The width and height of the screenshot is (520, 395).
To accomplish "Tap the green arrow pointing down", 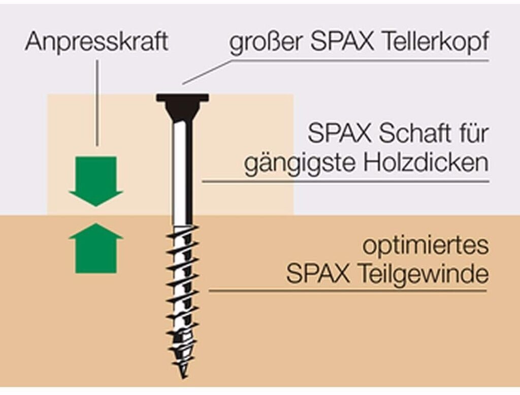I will (96, 180).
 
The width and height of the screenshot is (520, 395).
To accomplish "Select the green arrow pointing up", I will (96, 249).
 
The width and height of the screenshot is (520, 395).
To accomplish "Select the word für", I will (474, 134).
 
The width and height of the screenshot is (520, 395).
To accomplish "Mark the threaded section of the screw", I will (181, 294).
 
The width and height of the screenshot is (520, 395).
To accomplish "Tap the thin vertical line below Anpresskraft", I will (97, 102).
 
